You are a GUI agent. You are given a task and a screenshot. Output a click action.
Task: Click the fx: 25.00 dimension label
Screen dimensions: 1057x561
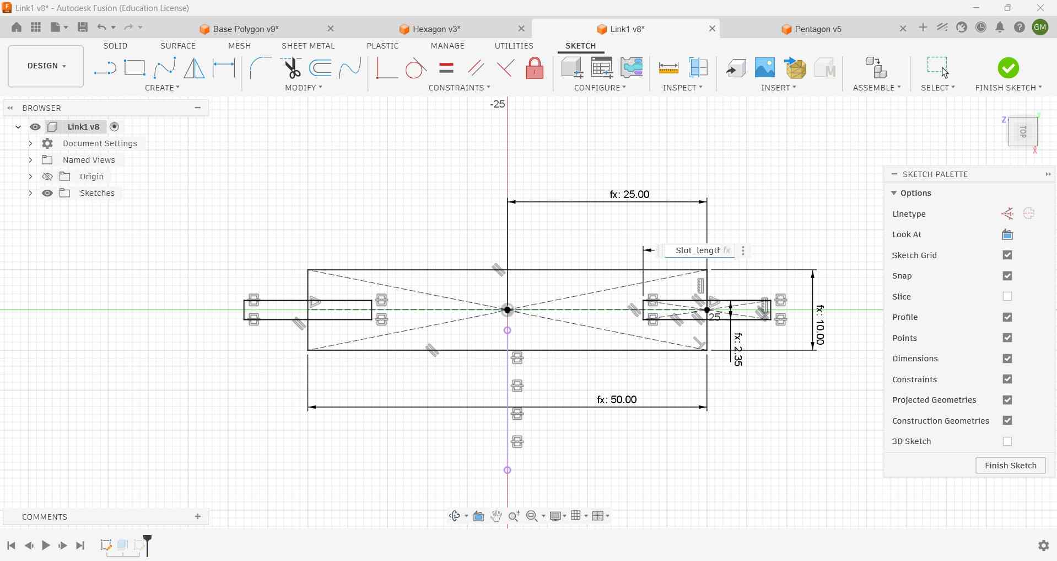click(x=629, y=195)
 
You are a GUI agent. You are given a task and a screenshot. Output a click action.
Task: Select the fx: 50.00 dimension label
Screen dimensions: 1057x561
click(x=617, y=399)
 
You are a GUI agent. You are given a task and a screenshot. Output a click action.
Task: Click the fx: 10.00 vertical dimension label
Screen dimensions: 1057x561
click(x=820, y=325)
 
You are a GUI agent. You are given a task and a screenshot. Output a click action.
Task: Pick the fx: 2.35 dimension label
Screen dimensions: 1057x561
click(x=738, y=350)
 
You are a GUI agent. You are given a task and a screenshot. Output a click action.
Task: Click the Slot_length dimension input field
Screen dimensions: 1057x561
click(x=697, y=250)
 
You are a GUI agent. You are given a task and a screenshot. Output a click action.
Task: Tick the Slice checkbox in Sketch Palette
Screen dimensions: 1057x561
click(x=1007, y=297)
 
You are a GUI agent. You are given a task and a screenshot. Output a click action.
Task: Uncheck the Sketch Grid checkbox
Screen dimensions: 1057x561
click(x=1007, y=255)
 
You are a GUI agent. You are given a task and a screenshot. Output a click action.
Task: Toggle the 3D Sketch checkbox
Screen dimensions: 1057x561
click(x=1007, y=441)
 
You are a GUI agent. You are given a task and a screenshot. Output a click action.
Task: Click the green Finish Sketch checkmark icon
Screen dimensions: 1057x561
click(x=1009, y=68)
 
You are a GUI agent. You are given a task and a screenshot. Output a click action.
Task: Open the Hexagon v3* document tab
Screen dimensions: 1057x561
click(x=436, y=29)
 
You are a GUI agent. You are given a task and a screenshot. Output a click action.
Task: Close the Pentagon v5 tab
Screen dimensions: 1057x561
click(x=903, y=29)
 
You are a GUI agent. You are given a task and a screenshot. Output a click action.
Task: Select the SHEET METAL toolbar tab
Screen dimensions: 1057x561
click(x=308, y=46)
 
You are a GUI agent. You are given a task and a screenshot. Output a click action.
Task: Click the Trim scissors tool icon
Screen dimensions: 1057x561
click(x=292, y=68)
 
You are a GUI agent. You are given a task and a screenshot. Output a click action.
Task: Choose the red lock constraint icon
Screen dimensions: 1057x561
click(x=535, y=68)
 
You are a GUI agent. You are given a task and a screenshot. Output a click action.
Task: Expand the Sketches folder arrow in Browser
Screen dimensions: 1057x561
click(x=30, y=193)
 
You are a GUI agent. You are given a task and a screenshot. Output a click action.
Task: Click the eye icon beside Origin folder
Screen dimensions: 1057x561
click(x=48, y=177)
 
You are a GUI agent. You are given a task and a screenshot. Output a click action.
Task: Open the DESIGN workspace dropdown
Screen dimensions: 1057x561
click(x=46, y=66)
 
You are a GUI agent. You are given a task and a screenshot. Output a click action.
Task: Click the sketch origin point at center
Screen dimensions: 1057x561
click(x=508, y=310)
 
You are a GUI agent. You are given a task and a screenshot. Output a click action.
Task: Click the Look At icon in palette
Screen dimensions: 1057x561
click(x=1007, y=235)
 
